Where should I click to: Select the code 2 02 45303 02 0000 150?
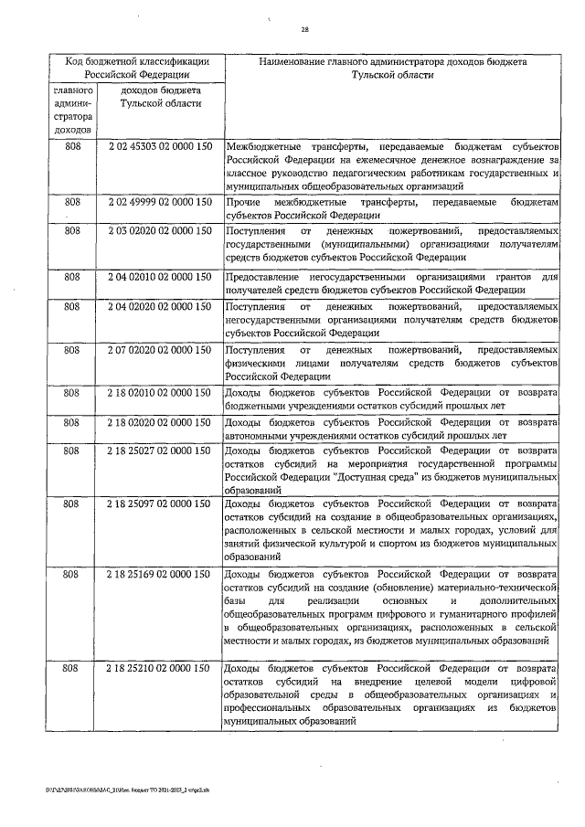coord(160,147)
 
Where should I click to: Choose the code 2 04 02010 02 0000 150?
coord(160,276)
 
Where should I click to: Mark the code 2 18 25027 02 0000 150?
coord(160,451)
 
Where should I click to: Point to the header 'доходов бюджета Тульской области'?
coord(160,98)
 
